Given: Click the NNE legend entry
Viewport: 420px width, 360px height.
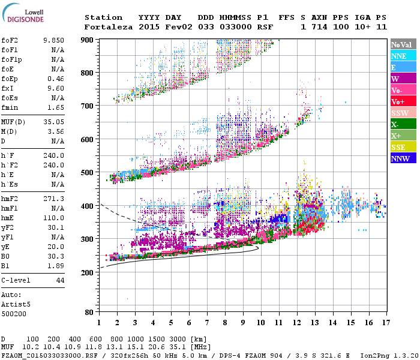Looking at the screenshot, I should pos(399,56).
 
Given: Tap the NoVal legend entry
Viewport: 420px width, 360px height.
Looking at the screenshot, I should pos(402,44).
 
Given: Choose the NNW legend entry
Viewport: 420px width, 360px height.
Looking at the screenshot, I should pos(400,158).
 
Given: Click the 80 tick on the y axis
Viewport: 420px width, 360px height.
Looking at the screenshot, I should pos(88,313).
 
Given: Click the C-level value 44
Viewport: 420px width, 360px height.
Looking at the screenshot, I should pos(60,281).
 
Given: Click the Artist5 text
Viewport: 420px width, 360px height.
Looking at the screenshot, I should pos(15,304).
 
